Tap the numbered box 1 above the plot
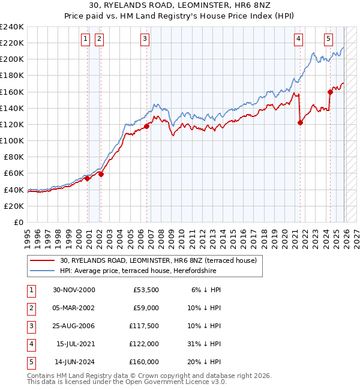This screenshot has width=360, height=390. [85, 40]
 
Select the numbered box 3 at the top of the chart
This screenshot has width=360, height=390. [145, 40]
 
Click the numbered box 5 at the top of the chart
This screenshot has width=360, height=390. [329, 40]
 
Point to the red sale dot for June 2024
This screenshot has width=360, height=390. [330, 92]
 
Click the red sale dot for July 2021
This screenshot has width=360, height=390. [300, 122]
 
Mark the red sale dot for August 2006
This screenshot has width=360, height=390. [147, 126]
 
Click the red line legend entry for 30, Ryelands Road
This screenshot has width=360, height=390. [158, 260]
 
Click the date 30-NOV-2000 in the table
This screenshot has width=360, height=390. [74, 290]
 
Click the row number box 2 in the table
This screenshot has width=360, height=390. [30, 308]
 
